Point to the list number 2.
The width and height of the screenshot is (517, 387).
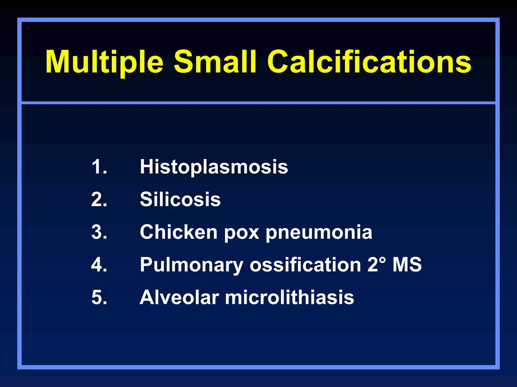click(x=99, y=199)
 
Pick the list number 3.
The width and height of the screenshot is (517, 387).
click(x=99, y=232)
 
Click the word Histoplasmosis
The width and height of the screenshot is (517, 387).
click(x=214, y=167)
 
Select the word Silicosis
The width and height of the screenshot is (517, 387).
click(x=180, y=199)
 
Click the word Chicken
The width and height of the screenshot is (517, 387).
click(x=178, y=232)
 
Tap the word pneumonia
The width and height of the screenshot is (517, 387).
click(x=319, y=233)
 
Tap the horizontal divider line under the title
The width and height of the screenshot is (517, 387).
click(x=258, y=103)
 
